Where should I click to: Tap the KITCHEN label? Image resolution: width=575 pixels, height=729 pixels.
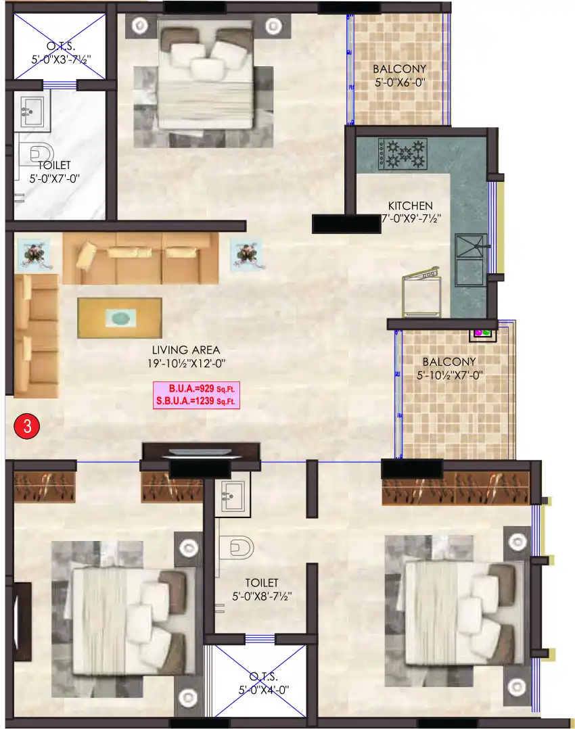pos(410,206)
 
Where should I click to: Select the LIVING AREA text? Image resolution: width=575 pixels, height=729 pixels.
pos(186,350)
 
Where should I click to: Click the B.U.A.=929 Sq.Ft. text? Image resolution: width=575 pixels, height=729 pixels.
pos(197,390)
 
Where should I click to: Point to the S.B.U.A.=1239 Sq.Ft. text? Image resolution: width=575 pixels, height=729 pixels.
pos(197,401)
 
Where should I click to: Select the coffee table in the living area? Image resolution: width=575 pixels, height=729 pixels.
pos(119,318)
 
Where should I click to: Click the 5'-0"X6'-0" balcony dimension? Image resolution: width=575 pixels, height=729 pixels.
pos(399,83)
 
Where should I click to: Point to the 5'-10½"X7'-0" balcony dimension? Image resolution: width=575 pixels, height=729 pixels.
pos(449,375)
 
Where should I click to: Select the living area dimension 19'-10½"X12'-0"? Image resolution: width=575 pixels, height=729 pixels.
pos(186,363)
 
